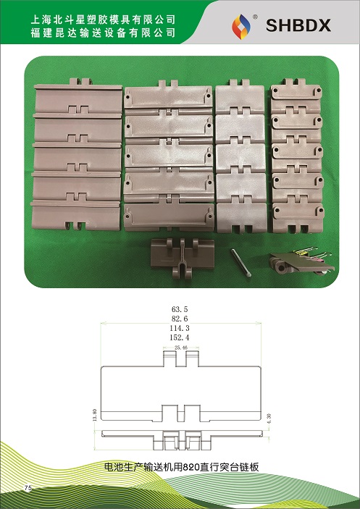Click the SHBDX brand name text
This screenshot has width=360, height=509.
[298, 25]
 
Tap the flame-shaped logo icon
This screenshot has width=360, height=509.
[241, 27]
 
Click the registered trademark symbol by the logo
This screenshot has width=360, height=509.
[255, 17]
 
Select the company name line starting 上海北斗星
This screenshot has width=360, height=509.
[103, 20]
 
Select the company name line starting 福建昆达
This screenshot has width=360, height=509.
[103, 33]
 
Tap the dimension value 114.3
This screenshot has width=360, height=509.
[180, 328]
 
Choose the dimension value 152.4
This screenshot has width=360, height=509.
[180, 337]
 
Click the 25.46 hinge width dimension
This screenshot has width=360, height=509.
[181, 348]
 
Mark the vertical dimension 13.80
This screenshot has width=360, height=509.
[95, 414]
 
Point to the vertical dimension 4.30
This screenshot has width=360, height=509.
[269, 418]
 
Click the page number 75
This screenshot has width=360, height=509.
[28, 487]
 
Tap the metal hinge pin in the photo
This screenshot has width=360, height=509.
[240, 263]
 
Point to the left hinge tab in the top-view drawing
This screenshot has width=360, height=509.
[169, 358]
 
